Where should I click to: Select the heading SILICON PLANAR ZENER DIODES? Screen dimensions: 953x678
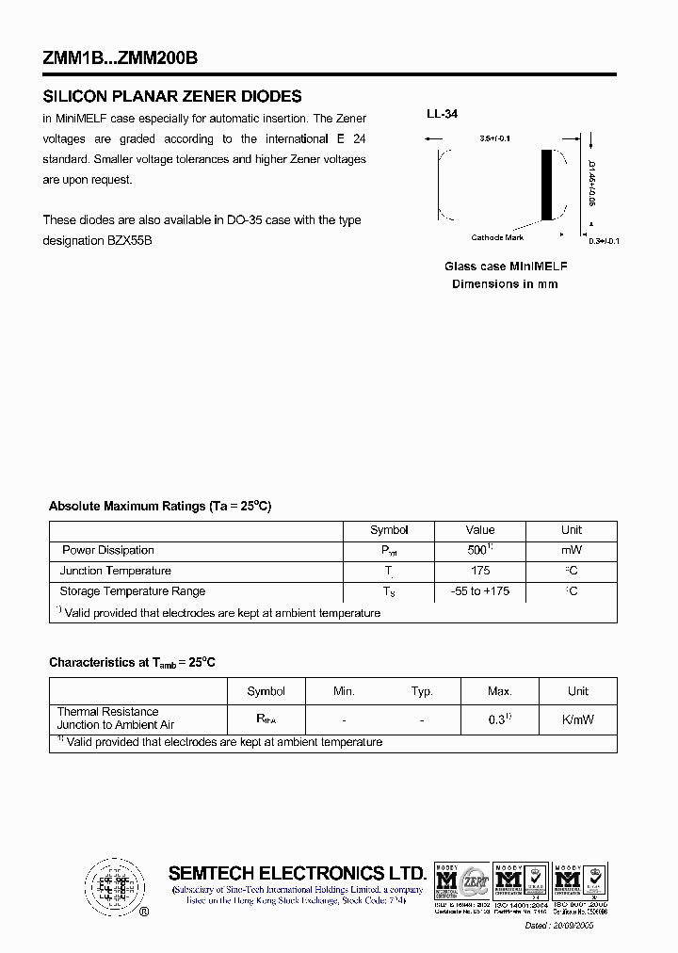(172, 96)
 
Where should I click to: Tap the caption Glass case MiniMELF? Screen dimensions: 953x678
(505, 267)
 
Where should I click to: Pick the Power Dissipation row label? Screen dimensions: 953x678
(107, 550)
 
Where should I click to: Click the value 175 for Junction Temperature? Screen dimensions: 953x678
(479, 571)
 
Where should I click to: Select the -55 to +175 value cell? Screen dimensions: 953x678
(479, 591)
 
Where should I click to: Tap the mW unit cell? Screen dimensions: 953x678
(572, 550)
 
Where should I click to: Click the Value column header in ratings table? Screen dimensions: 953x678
(479, 530)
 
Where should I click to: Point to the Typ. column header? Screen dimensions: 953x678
(422, 691)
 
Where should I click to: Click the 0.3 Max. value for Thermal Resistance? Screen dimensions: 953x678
(499, 719)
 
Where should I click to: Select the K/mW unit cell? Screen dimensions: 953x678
(577, 719)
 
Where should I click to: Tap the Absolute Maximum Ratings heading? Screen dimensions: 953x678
(160, 507)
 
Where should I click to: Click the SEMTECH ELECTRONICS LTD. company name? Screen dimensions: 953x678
(298, 874)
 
